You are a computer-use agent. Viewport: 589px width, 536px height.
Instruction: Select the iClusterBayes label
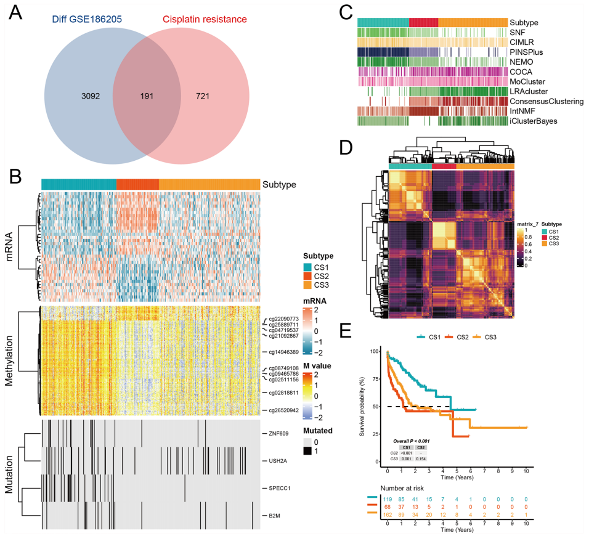(x=534, y=121)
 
